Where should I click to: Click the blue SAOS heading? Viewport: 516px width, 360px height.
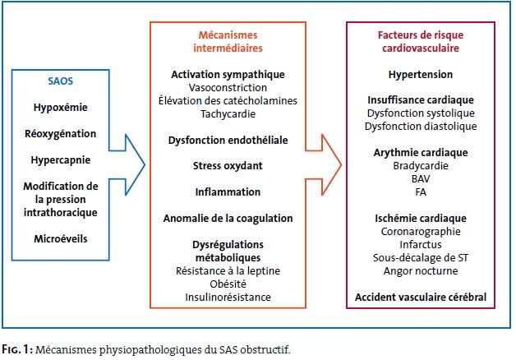tap(61, 81)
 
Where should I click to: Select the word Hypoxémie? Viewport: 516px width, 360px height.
tap(61, 108)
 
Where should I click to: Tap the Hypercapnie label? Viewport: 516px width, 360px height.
tap(61, 160)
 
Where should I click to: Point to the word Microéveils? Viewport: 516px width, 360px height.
tap(61, 238)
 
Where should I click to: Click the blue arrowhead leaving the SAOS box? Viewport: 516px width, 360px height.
tap(135, 164)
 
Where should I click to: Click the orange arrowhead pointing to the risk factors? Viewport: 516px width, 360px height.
tap(331, 164)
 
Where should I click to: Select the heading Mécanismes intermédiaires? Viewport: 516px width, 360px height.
tap(228, 41)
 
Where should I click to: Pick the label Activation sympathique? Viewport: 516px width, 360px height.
tap(228, 75)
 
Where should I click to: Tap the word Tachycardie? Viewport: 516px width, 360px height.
tap(228, 114)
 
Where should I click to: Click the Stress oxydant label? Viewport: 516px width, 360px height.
tap(228, 166)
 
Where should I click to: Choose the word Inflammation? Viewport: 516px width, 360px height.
tap(228, 192)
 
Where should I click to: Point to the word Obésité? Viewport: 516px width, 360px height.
tap(228, 284)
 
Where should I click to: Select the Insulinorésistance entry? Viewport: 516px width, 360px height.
tap(228, 298)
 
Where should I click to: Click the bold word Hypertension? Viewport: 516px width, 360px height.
tap(421, 75)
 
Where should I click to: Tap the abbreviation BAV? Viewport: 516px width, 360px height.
tap(421, 178)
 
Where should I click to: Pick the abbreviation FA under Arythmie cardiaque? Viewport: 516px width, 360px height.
tap(421, 192)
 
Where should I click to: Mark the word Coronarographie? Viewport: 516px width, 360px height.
tap(421, 232)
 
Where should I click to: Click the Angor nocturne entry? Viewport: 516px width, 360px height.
tap(421, 271)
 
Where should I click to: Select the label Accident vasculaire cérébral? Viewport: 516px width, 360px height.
tap(421, 298)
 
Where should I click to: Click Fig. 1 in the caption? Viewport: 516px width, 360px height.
tap(17, 349)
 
